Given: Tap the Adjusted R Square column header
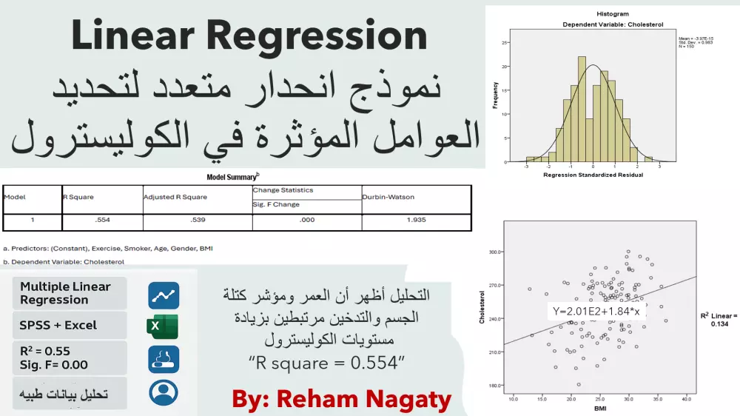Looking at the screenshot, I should point(175,197).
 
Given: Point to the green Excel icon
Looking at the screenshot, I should point(163,326).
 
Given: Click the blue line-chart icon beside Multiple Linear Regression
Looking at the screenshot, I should point(163,295).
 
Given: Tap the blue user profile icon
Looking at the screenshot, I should point(163,392).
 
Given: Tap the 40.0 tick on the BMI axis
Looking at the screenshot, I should point(685,400).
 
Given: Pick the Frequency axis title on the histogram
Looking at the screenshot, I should point(495,95).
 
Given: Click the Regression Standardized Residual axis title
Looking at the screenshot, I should point(592,175).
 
